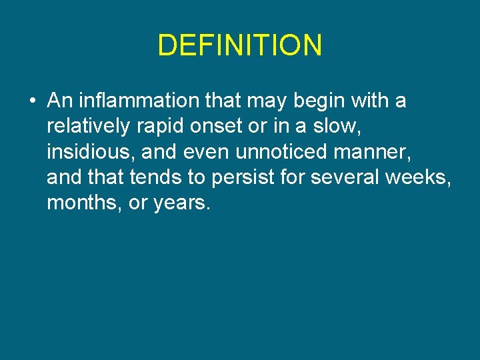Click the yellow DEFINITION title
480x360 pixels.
coord(240,45)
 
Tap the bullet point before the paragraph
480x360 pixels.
coord(32,102)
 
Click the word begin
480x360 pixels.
coord(315,101)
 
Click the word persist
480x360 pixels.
coord(253,177)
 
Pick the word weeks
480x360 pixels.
coord(421,177)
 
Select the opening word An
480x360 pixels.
coord(58,101)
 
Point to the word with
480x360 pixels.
coord(370,101)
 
